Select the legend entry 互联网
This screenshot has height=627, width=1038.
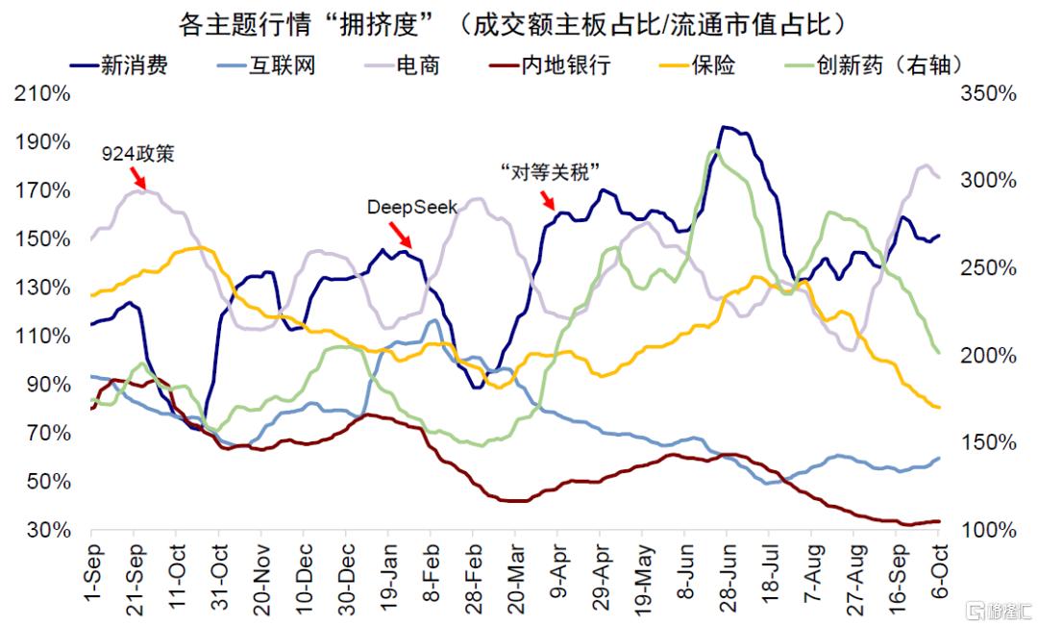[x=282, y=65]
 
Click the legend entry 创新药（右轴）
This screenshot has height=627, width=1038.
[x=889, y=65]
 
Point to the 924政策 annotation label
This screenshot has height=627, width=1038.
[x=138, y=154]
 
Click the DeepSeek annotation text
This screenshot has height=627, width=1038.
[x=412, y=207]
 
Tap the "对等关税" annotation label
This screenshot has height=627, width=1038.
[x=551, y=171]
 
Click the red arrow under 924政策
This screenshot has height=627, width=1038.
[x=139, y=178]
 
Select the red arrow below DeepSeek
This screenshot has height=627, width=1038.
[x=400, y=234]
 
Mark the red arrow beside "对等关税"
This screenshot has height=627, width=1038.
[x=548, y=199]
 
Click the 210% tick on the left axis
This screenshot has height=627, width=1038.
[x=41, y=94]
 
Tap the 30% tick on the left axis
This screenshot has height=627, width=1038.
[x=46, y=530]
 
